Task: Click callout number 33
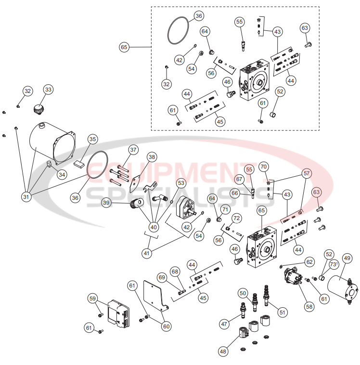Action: [48, 90]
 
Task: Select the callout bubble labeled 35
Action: [92, 139]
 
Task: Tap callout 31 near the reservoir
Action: [26, 196]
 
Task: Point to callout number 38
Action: [152, 157]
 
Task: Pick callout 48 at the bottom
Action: [223, 352]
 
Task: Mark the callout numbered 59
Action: [92, 298]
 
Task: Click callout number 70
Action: [263, 167]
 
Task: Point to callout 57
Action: [307, 173]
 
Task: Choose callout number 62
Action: [309, 262]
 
